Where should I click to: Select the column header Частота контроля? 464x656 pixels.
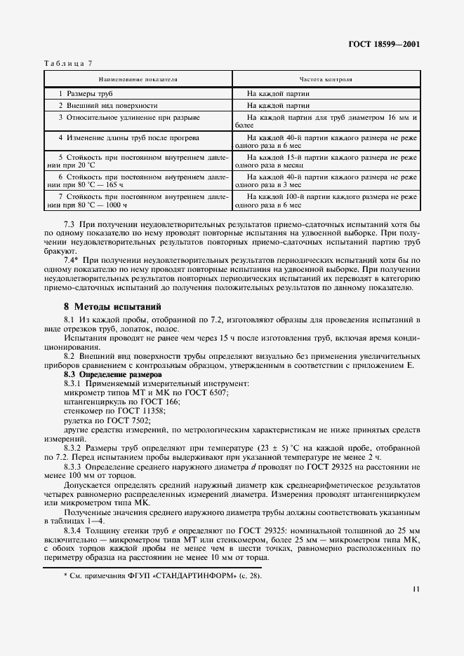click(x=326, y=79)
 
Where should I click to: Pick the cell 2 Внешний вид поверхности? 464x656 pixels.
click(x=98, y=104)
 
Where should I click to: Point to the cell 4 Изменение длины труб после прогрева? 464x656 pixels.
click(x=128, y=137)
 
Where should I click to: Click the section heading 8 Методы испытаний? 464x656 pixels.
click(x=112, y=306)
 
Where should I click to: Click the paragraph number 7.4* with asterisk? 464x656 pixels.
click(x=71, y=259)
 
